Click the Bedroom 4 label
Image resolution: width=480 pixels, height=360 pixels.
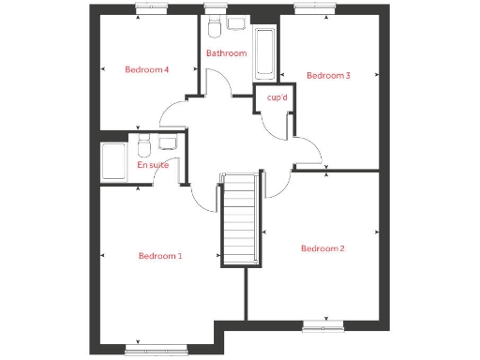(147, 69)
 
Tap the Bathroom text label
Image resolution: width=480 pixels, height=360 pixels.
(226, 53)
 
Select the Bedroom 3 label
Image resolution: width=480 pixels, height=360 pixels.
(328, 76)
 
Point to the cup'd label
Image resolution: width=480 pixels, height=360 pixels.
(277, 97)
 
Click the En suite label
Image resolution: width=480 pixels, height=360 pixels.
(153, 165)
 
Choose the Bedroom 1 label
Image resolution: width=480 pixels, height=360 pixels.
(160, 255)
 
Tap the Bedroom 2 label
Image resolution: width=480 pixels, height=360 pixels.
(322, 248)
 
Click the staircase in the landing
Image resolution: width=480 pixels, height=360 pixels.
(238, 221)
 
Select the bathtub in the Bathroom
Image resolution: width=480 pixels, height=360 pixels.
(264, 53)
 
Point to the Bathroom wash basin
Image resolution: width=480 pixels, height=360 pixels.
(236, 22)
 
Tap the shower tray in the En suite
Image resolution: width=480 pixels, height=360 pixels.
(114, 162)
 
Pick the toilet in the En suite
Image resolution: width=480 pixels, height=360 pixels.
(143, 146)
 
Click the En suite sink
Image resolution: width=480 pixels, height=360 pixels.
(169, 143)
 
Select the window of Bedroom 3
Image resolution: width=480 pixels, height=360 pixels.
(308, 7)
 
